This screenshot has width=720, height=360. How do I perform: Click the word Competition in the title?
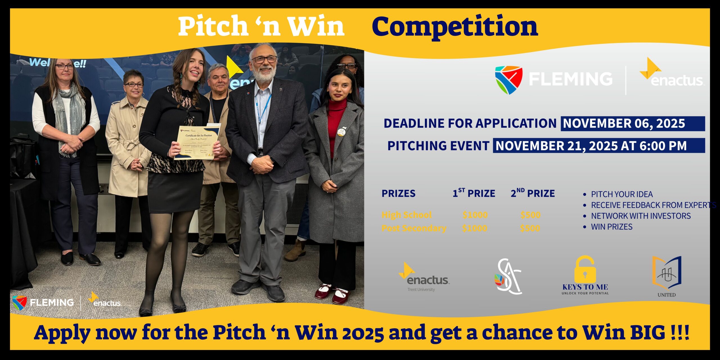pos(455,27)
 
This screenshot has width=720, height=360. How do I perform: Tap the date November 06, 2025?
pos(624,124)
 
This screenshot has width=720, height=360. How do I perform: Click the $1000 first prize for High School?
pos(475,215)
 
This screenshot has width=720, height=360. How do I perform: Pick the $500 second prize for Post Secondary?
pos(530,228)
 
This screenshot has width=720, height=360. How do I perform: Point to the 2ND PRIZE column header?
pos(533,193)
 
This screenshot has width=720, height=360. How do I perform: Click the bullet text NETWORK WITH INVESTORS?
pos(641,216)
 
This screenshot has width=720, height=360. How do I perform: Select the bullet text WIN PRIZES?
pos(612,227)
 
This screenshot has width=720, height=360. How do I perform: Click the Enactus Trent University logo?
pos(424,277)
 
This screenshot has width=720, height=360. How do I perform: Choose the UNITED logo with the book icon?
pos(667,276)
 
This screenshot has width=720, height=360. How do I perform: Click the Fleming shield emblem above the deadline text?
pos(508,80)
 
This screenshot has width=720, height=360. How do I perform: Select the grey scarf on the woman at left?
pos(69,112)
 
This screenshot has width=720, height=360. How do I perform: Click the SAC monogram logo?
pos(508,277)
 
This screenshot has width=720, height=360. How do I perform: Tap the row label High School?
pos(406,215)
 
